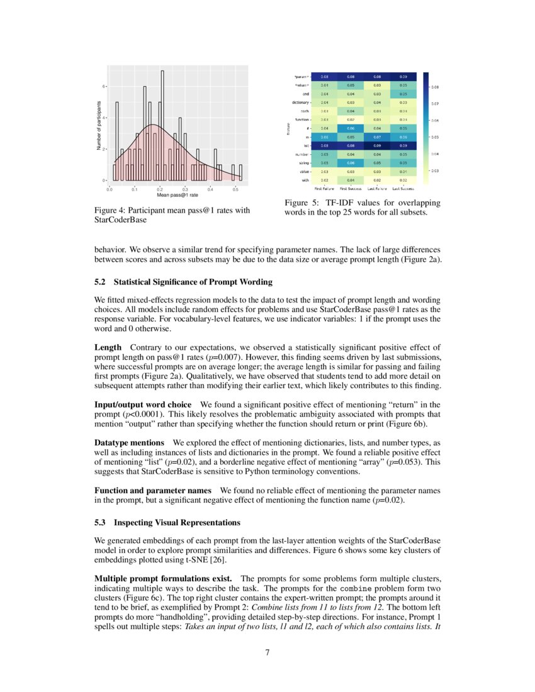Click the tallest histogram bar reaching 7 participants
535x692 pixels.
click(162, 126)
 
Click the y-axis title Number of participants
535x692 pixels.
click(99, 126)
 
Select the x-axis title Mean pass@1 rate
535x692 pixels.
click(172, 195)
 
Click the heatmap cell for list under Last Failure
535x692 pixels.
click(377, 145)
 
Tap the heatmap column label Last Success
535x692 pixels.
click(403, 187)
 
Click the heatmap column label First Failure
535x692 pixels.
click(325, 187)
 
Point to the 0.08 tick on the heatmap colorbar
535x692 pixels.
click(435, 87)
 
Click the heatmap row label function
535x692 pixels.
click(302, 119)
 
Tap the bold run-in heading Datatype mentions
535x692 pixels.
click(130, 443)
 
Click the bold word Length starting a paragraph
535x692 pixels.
click(108, 347)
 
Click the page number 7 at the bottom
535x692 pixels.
click(267, 652)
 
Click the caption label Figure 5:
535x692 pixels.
click(304, 203)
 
